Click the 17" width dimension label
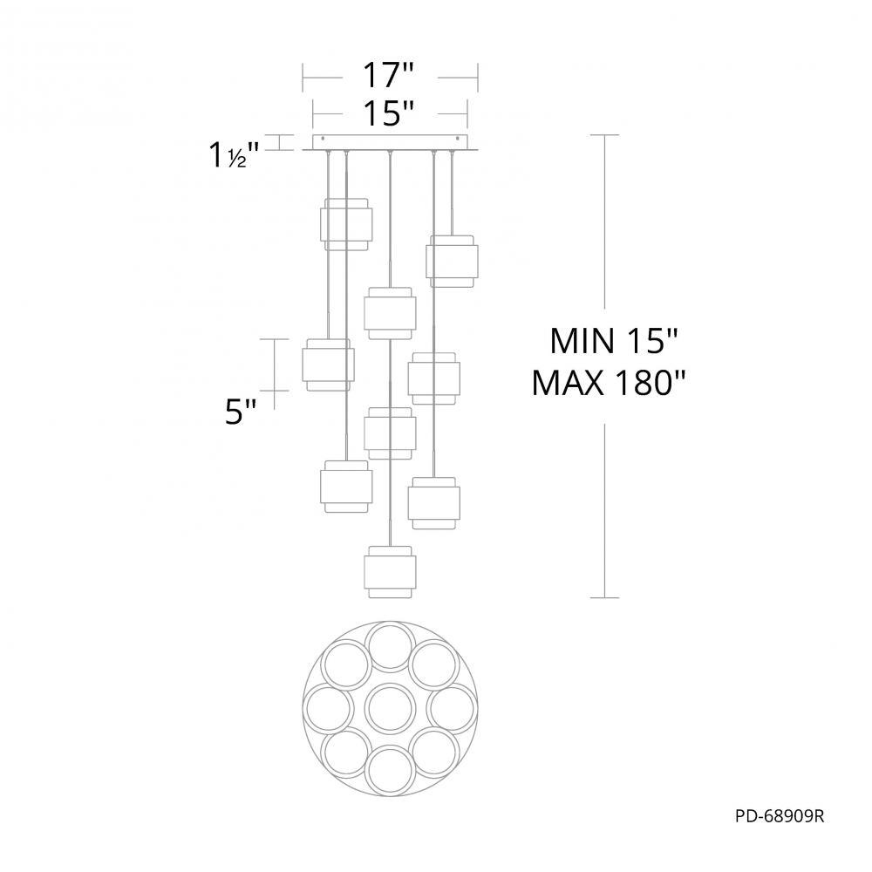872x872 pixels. [x=389, y=77]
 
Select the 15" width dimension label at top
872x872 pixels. [x=389, y=113]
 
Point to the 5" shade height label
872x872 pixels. [x=240, y=412]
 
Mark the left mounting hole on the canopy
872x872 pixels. [x=324, y=140]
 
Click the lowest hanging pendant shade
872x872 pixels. [x=389, y=571]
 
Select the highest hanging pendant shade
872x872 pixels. [x=348, y=223]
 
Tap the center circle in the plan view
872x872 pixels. [x=390, y=708]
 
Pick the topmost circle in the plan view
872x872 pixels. [x=390, y=647]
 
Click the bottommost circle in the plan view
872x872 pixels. [x=390, y=768]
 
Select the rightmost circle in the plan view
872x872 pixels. [x=451, y=708]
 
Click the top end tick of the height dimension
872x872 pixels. [x=605, y=135]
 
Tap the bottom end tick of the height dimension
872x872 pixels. [x=605, y=597]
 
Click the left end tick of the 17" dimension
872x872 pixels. [x=303, y=78]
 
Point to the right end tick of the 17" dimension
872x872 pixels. [x=478, y=78]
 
